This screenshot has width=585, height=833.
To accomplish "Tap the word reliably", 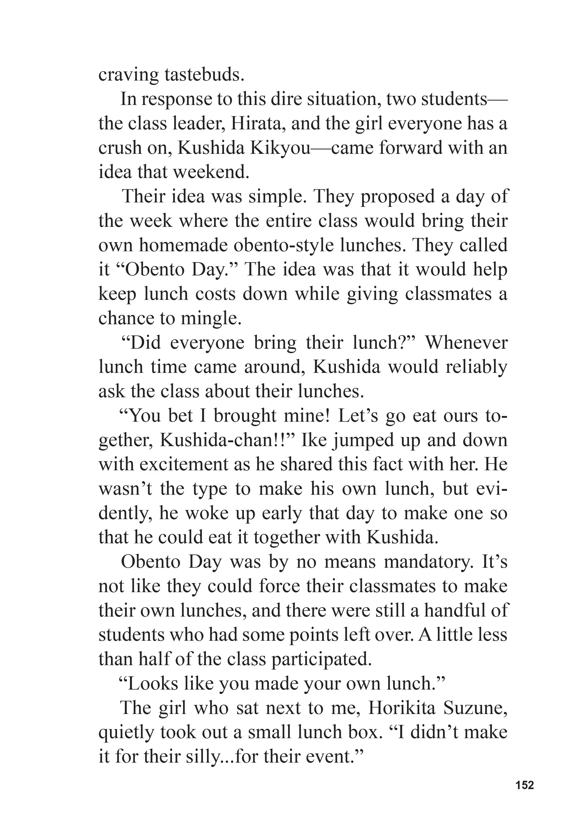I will pos(476,367).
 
